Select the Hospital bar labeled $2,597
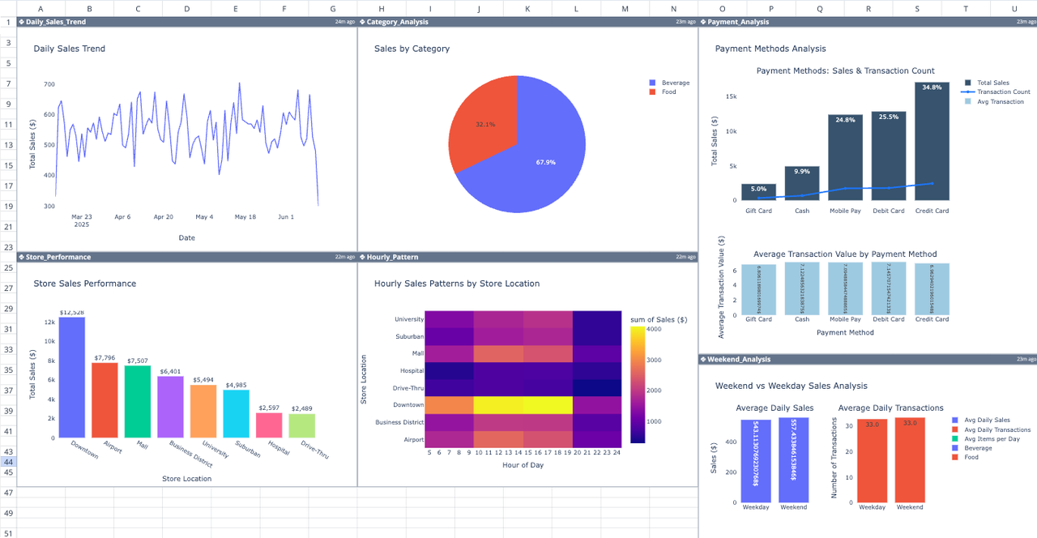(269, 425)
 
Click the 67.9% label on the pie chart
(545, 162)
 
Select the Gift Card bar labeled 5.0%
(758, 192)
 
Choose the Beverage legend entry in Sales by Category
(675, 83)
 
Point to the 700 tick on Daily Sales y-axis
(49, 84)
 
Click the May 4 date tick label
(204, 217)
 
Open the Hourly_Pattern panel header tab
(393, 257)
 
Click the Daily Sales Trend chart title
(70, 49)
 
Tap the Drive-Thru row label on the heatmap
(408, 388)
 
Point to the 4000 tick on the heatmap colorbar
(654, 329)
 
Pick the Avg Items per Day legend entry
(997, 439)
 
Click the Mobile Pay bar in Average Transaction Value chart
(845, 288)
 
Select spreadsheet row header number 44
(8, 462)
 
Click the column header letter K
(527, 8)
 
